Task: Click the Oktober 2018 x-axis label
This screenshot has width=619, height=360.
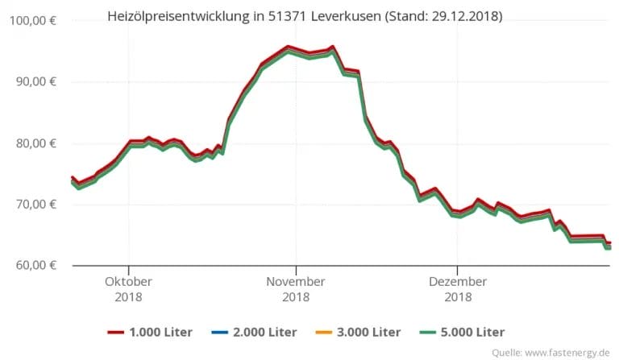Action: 129,289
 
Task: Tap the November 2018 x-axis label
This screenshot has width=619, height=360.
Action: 296,289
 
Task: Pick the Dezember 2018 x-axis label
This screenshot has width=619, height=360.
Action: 457,289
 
